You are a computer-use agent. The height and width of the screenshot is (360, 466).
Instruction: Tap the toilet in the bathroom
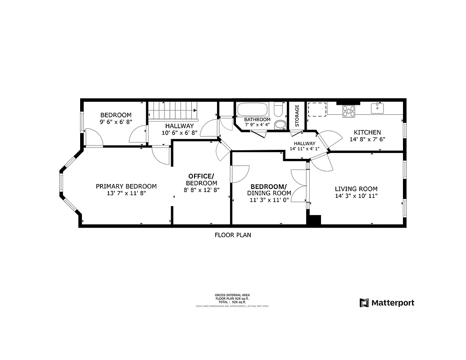278,110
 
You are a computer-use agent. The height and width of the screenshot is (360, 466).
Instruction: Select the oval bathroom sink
280,124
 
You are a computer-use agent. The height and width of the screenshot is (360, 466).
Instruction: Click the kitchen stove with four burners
349,111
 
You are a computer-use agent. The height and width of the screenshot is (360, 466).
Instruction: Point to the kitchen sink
376,108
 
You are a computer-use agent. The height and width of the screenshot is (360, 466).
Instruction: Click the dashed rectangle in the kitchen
317,110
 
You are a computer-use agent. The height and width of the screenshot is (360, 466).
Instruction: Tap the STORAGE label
297,116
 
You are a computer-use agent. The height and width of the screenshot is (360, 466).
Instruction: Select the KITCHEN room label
367,132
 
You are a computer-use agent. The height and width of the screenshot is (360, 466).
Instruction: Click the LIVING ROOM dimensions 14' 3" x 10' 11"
356,196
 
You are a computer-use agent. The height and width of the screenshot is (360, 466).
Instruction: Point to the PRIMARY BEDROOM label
126,186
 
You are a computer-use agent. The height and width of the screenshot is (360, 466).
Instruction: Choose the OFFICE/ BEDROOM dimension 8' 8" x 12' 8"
201,190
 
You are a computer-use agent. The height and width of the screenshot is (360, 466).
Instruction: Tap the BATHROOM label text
257,120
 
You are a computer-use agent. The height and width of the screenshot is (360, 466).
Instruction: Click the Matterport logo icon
364,303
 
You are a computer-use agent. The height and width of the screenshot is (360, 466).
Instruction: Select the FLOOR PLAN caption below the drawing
233,235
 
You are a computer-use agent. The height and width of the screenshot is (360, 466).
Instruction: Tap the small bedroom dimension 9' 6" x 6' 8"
116,121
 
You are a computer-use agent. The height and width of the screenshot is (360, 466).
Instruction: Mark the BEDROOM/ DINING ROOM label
268,187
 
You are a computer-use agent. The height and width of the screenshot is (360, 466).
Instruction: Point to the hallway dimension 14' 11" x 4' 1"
304,148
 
